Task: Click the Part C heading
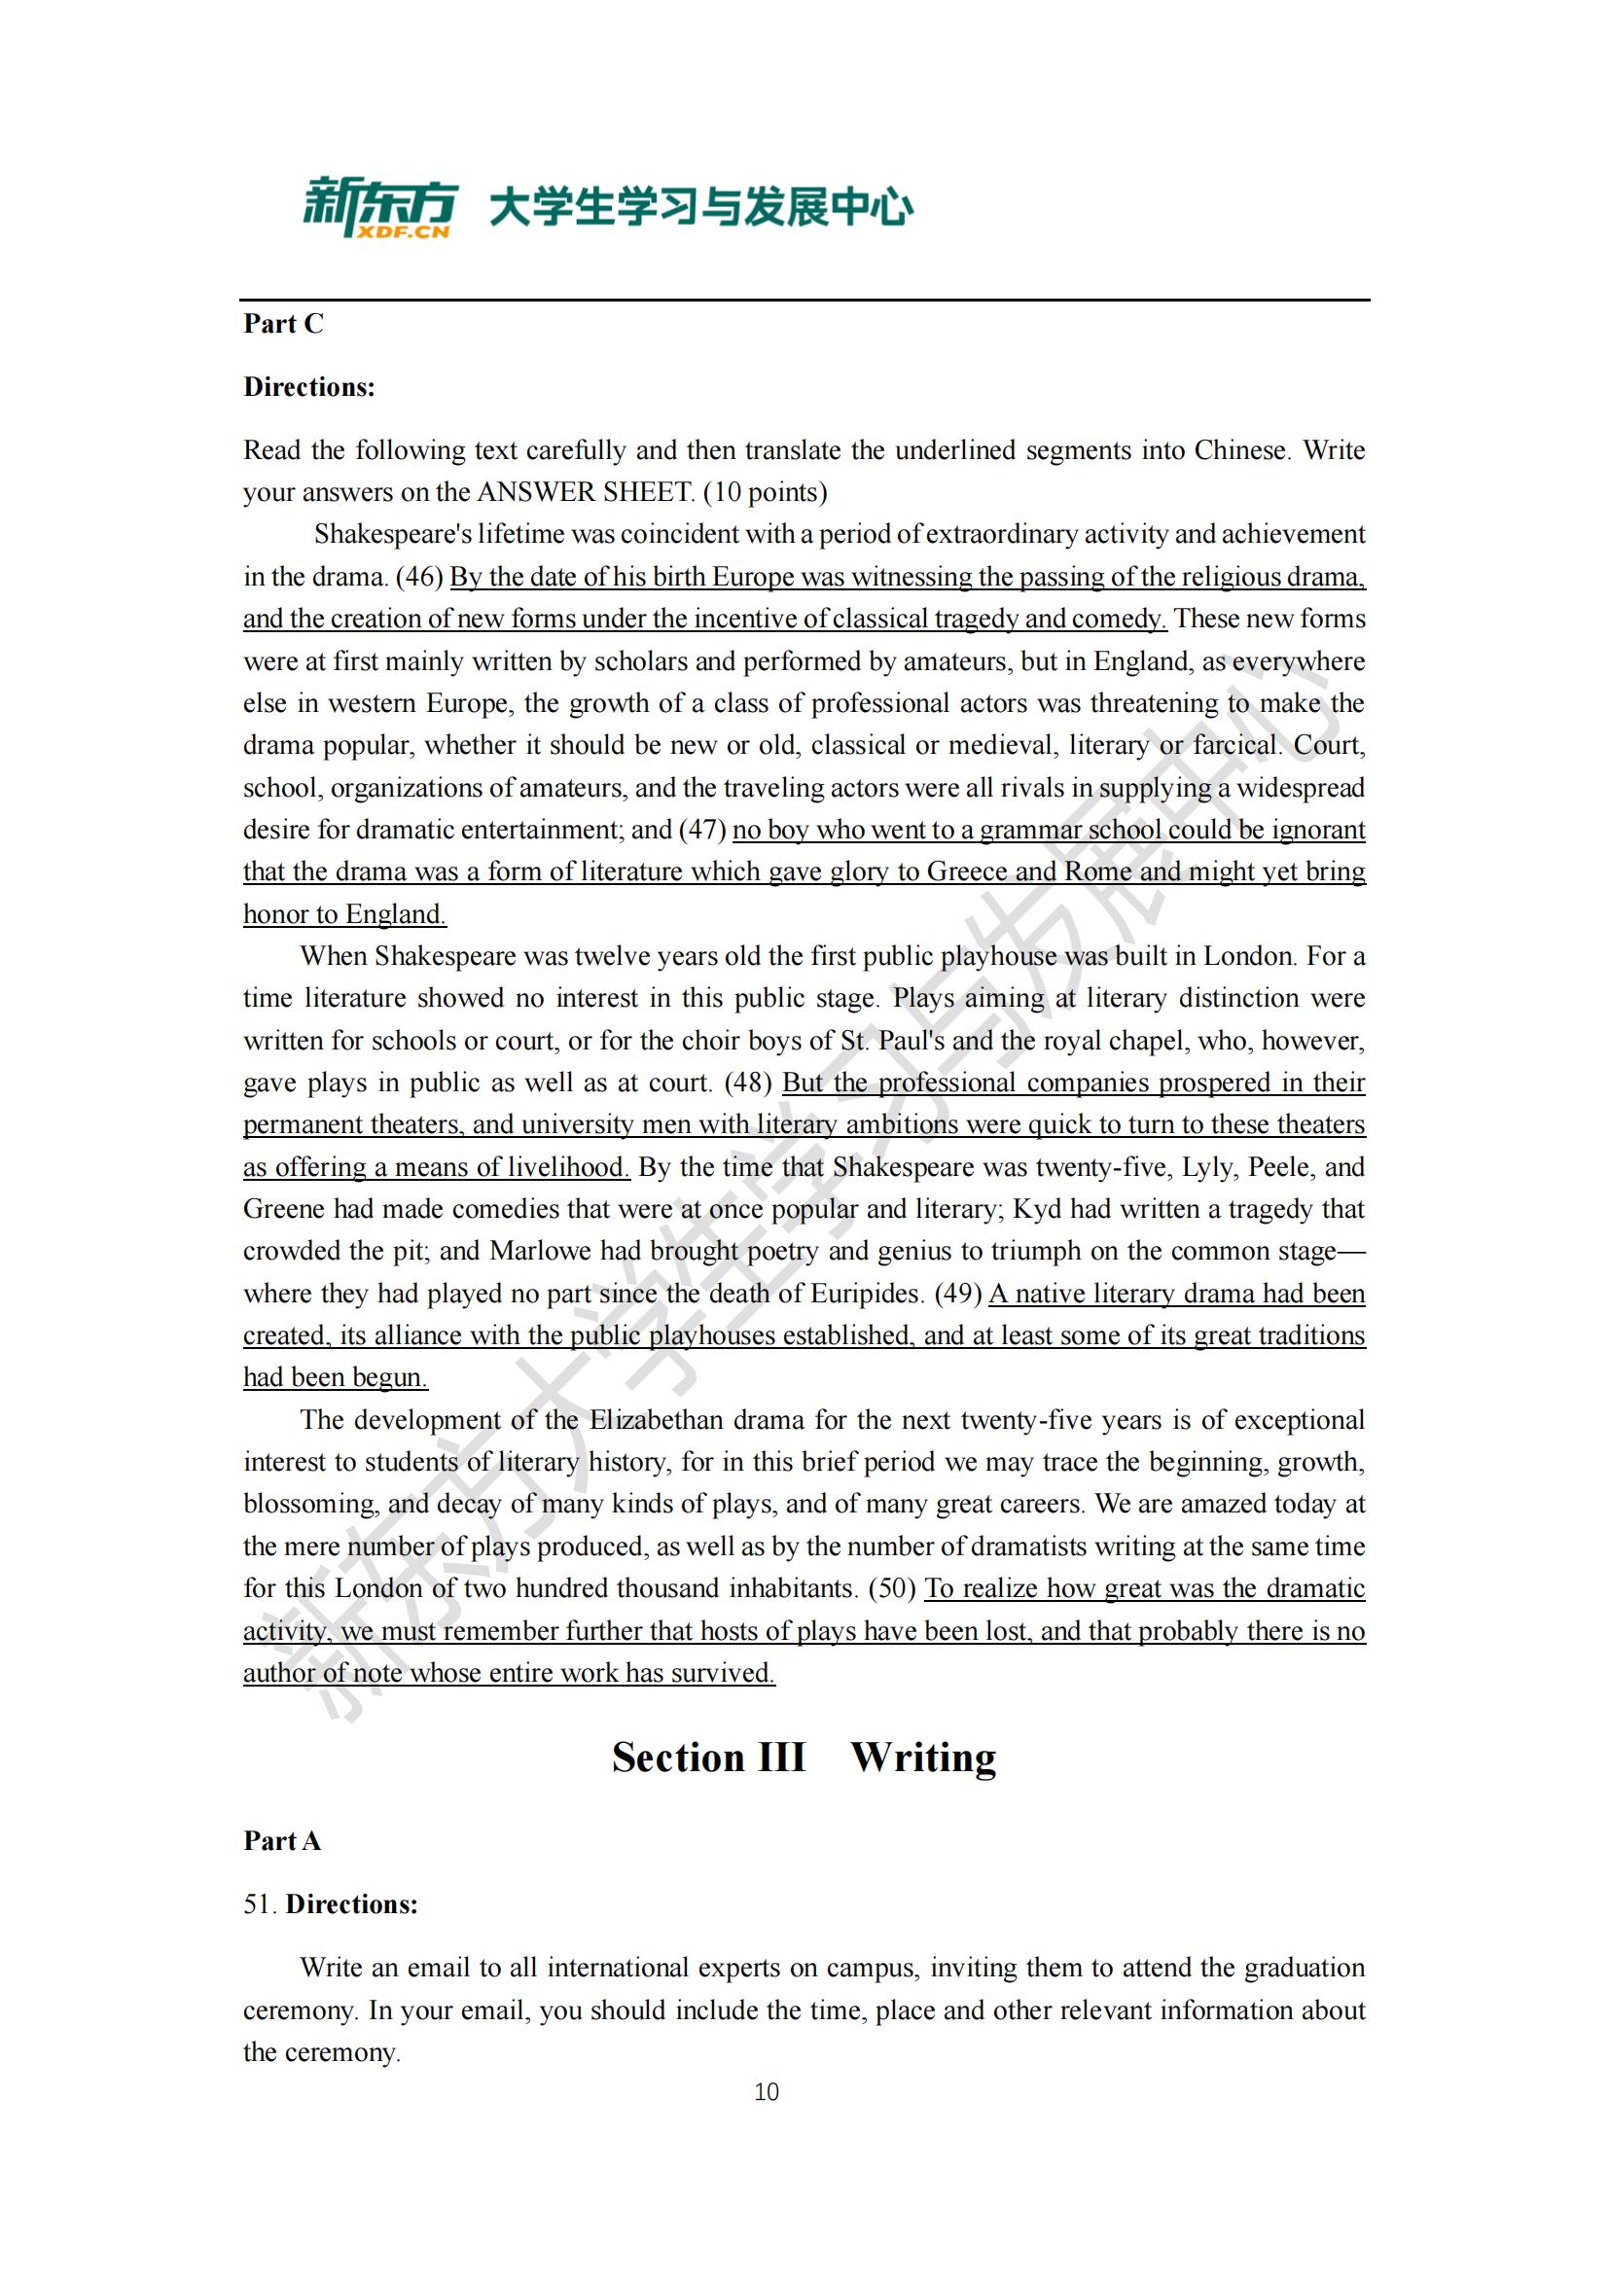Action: pyautogui.click(x=283, y=324)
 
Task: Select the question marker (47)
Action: pyautogui.click(x=702, y=830)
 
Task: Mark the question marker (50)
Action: pyautogui.click(x=892, y=1589)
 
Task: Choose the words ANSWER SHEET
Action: pyautogui.click(x=586, y=492)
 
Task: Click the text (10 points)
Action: pyautogui.click(x=765, y=492)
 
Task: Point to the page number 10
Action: pyautogui.click(x=766, y=2092)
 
